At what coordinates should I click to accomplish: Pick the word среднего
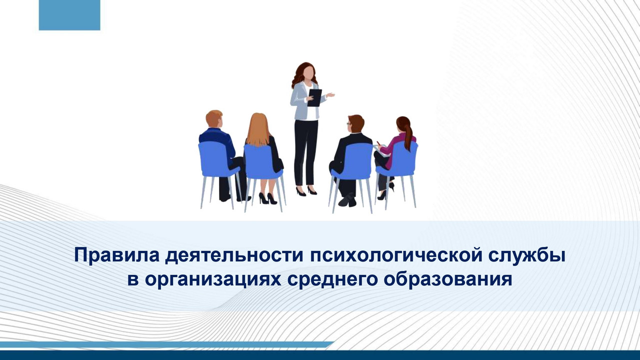pyautogui.click(x=332, y=279)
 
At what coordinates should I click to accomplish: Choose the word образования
pyautogui.click(x=447, y=279)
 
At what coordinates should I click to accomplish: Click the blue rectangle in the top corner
pyautogui.click(x=69, y=15)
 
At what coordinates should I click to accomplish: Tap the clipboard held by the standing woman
pyautogui.click(x=314, y=97)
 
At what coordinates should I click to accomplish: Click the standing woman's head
pyautogui.click(x=307, y=73)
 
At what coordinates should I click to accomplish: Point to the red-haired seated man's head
pyautogui.click(x=214, y=119)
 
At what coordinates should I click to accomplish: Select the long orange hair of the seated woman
pyautogui.click(x=258, y=130)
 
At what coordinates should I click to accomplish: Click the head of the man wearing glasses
pyautogui.click(x=355, y=123)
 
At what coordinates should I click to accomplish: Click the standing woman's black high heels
pyautogui.click(x=306, y=191)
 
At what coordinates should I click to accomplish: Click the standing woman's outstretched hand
pyautogui.click(x=330, y=94)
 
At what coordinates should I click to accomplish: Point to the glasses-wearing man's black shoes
pyautogui.click(x=347, y=200)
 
